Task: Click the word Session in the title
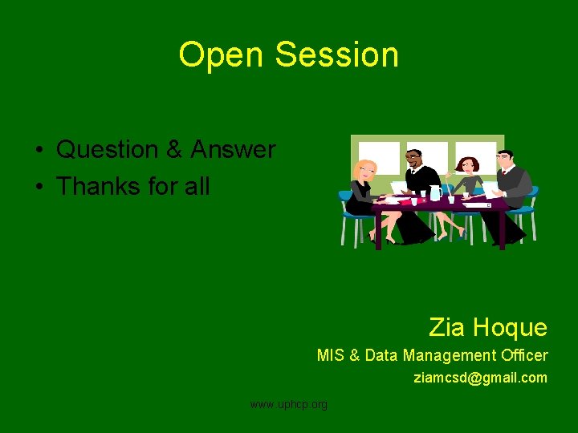(336, 55)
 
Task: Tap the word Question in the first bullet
(108, 150)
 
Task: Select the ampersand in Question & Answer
(174, 150)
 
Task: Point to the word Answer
(233, 150)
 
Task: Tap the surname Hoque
(510, 327)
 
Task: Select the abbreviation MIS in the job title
(330, 355)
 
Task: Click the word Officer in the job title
(523, 355)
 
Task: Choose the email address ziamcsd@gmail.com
(480, 377)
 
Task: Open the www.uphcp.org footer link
(289, 404)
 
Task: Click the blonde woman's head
(366, 170)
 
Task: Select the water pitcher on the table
(435, 192)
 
